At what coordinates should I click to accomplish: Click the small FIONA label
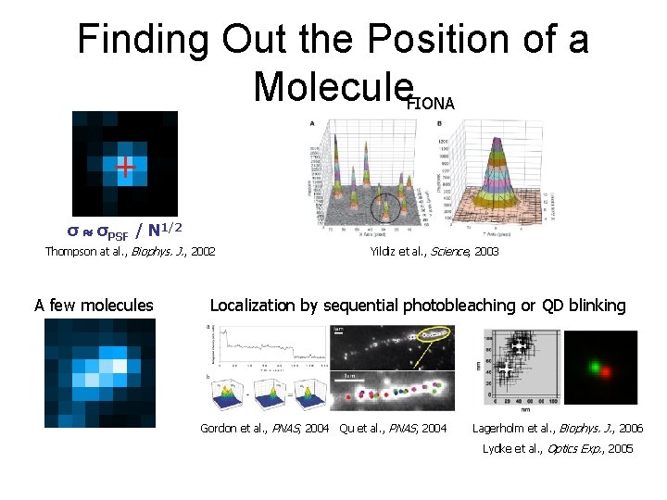[430, 104]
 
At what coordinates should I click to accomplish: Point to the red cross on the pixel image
[123, 167]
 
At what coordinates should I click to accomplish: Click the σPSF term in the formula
[107, 228]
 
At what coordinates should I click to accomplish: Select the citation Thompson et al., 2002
[130, 251]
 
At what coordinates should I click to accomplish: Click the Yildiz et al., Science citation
[434, 251]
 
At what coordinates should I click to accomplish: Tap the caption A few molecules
[94, 305]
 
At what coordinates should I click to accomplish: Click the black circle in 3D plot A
[385, 206]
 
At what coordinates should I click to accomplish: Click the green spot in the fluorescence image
[592, 366]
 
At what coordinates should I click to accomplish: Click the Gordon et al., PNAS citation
[266, 428]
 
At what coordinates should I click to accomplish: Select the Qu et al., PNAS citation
[393, 428]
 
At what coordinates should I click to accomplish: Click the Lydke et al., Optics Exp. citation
[558, 449]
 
